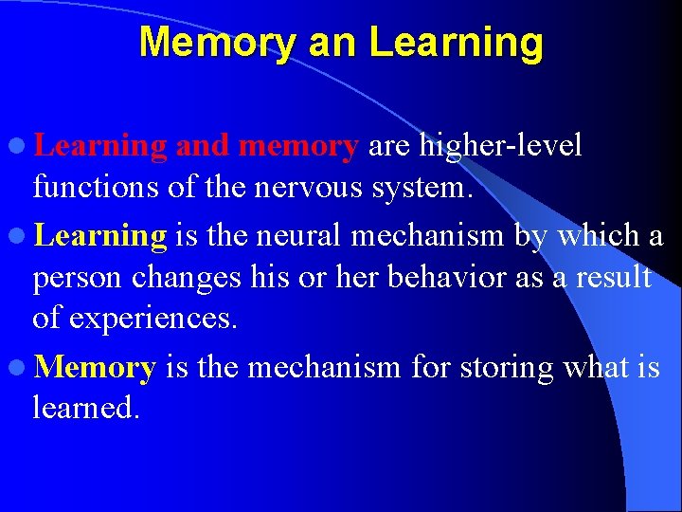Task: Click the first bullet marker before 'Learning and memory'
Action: (19, 146)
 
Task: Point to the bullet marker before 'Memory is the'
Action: (19, 367)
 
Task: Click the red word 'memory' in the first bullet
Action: (299, 146)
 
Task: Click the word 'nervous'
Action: (310, 188)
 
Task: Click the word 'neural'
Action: (300, 233)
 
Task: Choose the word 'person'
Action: (74, 279)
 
